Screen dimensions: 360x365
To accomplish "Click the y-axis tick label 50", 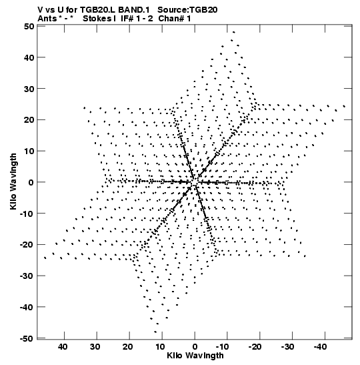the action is point(29,26).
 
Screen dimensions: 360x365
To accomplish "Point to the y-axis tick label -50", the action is point(27,338).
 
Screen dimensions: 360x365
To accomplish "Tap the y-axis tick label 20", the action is point(29,119).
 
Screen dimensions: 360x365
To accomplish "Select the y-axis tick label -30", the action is point(27,276).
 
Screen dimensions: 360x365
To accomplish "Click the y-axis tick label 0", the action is point(31,182).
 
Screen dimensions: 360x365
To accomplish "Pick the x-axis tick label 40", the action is point(63,347).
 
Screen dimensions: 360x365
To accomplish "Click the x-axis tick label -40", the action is point(320,347).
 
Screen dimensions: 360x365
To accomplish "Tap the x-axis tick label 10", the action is point(160,347).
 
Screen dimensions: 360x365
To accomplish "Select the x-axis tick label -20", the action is point(255,347).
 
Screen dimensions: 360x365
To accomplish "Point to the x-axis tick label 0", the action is point(195,347).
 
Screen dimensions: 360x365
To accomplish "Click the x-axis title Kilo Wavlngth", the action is point(195,356).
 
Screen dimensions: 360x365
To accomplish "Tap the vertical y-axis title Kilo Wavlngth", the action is point(13,181).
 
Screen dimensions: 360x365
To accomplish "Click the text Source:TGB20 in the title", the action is point(187,10).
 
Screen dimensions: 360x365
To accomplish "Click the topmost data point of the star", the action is point(234,32).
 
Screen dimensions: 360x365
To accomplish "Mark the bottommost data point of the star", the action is point(155,332).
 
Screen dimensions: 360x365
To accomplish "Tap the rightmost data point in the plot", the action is point(344,106).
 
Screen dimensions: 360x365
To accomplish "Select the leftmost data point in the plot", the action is point(45,258).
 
